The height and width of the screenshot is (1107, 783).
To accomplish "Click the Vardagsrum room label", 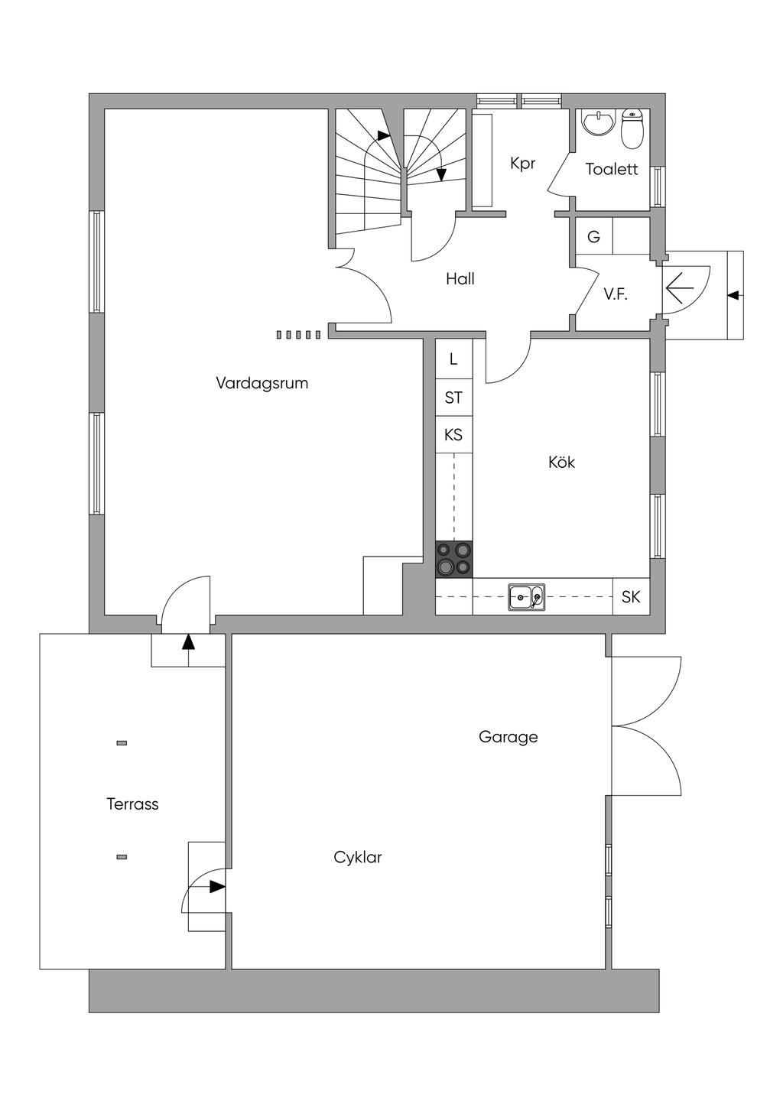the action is tap(262, 383).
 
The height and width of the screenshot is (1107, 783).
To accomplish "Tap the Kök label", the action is tap(561, 463).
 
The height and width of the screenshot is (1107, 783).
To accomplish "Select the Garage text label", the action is tap(508, 737).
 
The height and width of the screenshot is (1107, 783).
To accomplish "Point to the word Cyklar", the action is tap(357, 858).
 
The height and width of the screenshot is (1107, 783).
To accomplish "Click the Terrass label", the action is tap(132, 804).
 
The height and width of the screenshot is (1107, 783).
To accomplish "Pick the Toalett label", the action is tap(611, 170).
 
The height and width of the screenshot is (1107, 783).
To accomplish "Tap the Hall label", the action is tap(460, 279).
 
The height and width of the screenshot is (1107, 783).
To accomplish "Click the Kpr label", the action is tap(523, 164).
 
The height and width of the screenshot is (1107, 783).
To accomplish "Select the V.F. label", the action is tap(616, 294).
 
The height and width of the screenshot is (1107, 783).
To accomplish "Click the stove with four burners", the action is tap(453, 559).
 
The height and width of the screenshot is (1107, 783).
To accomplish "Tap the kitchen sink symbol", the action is tap(527, 597).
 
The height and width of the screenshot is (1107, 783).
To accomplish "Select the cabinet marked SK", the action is tap(631, 597).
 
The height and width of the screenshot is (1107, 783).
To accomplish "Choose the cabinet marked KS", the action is tap(453, 435).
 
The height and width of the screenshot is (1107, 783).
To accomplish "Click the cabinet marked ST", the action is tap(453, 398).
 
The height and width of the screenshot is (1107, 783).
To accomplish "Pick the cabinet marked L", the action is tap(453, 359).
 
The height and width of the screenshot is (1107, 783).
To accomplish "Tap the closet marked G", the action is tap(593, 237).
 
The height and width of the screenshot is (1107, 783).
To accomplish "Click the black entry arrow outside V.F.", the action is tap(734, 294).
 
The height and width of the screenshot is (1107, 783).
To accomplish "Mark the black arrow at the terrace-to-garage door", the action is tap(217, 887).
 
